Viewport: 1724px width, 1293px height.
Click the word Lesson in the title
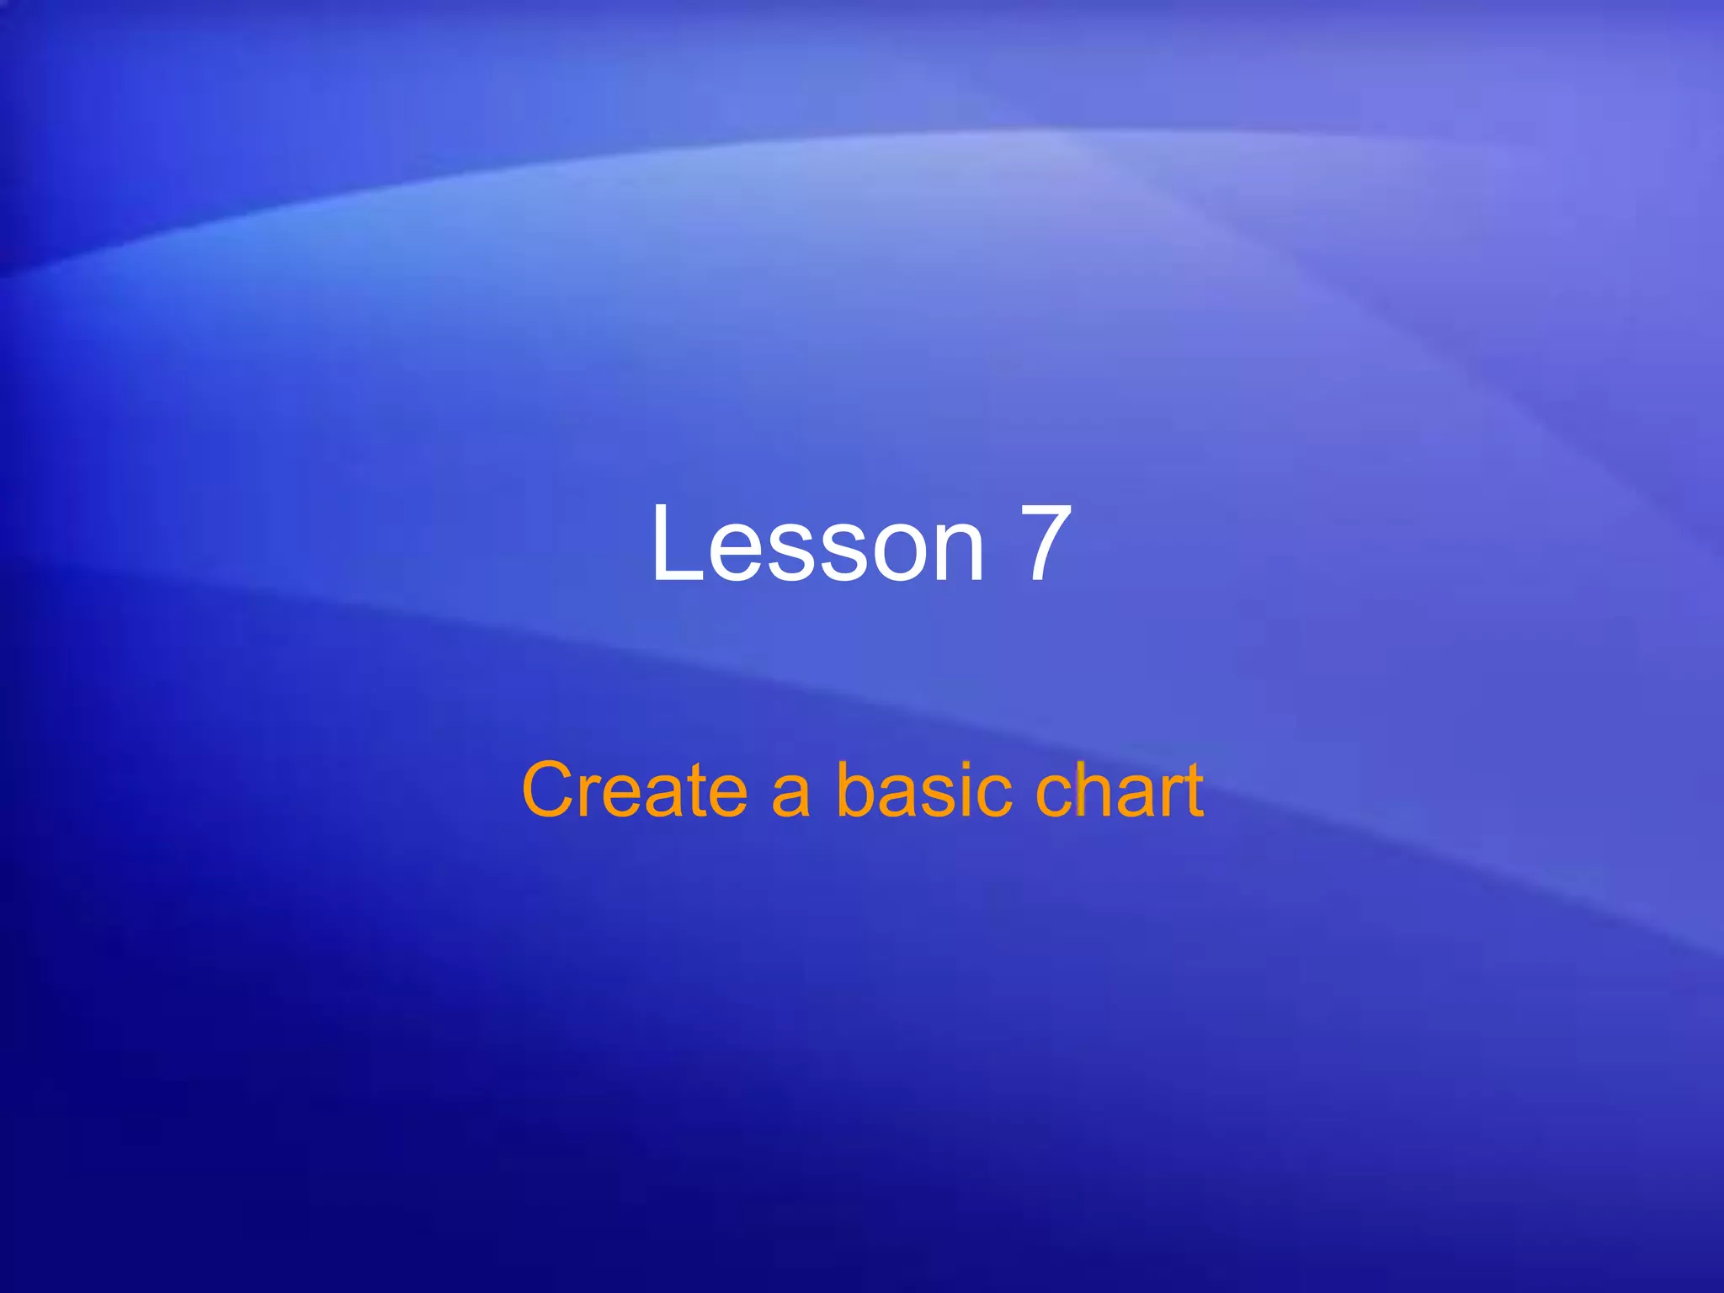point(817,543)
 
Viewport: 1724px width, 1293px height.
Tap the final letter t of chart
point(1194,791)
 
